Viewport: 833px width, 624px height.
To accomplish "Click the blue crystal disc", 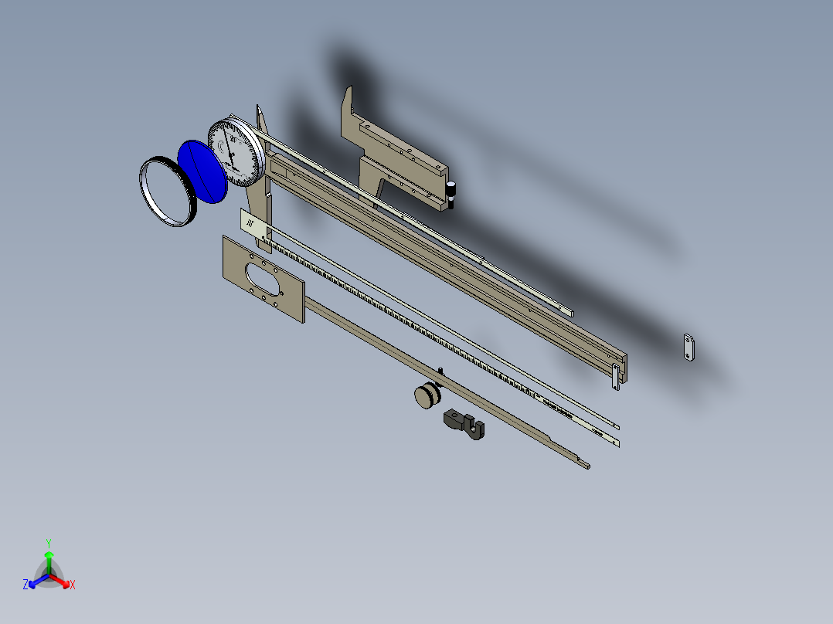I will click(x=202, y=171).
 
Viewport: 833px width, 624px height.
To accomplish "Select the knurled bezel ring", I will click(x=167, y=192).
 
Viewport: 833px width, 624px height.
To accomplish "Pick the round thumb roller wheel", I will click(x=427, y=396).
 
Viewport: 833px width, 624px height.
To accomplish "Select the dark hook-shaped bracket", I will click(x=464, y=425).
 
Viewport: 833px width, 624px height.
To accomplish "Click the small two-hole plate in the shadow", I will click(x=688, y=348).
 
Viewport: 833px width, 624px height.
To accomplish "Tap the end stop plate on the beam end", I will click(x=616, y=378).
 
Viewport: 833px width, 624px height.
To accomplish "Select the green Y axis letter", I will click(x=48, y=542).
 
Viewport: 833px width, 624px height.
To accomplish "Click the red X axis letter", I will click(x=73, y=585).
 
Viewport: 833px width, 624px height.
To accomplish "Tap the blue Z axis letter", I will click(x=25, y=585).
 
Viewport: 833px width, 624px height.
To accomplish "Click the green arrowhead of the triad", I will click(x=49, y=554).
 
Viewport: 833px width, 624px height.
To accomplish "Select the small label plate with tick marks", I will click(x=253, y=225).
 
